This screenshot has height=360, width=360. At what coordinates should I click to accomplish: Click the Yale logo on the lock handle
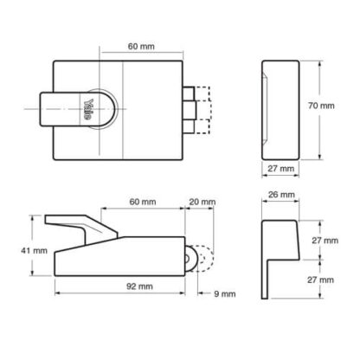88,110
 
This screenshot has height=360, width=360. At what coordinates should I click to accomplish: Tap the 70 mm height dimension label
321,106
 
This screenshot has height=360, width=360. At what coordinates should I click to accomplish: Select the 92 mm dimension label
139,286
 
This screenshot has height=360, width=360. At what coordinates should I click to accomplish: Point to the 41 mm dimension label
34,251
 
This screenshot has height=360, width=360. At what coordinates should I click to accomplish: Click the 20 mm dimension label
202,202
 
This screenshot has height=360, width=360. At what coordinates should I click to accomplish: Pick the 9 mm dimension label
225,294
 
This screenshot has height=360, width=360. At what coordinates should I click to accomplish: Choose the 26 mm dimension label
281,195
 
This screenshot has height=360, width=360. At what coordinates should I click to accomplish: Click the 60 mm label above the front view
141,46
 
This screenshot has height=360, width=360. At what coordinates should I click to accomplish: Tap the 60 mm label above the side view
143,202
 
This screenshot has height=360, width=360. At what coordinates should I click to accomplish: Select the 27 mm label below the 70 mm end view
281,169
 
